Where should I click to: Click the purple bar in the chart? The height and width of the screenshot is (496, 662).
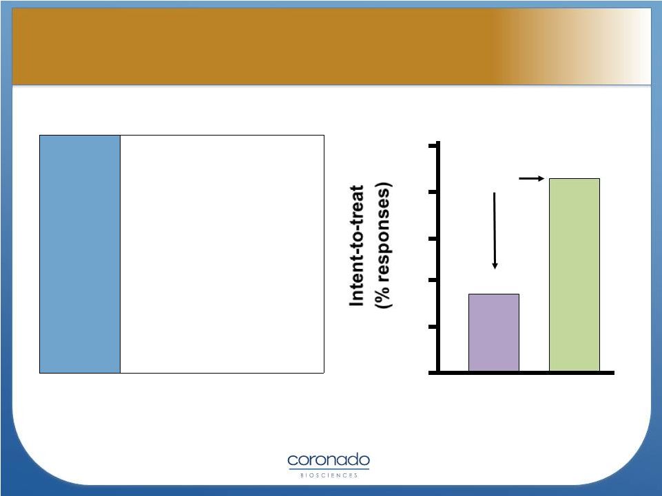coord(493,332)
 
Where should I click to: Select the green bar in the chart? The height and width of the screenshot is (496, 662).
coord(575,274)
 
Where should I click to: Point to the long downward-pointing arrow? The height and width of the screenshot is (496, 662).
coord(495,230)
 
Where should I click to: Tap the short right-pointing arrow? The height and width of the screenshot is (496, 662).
coord(532,178)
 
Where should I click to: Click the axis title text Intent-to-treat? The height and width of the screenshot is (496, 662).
coord(357,246)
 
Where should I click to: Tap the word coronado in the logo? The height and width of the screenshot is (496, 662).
coord(329,460)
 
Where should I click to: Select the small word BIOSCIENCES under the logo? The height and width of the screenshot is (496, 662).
coord(329,475)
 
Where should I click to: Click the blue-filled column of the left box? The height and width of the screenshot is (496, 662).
coord(80,254)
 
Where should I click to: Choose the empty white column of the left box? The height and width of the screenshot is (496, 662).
coord(222,254)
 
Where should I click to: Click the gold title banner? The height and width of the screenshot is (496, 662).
coord(331,46)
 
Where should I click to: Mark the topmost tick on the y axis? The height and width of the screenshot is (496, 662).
coord(433,146)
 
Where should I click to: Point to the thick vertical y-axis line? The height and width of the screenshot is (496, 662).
coord(438,257)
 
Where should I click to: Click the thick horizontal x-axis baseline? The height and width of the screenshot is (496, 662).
coord(521,372)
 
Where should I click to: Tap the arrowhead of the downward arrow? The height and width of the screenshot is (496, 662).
coord(495,266)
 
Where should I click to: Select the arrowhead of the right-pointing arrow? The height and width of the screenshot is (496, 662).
coord(541,178)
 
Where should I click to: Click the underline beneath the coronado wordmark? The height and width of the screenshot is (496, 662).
coord(329,468)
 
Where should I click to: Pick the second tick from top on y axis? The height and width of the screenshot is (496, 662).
coord(433,193)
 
